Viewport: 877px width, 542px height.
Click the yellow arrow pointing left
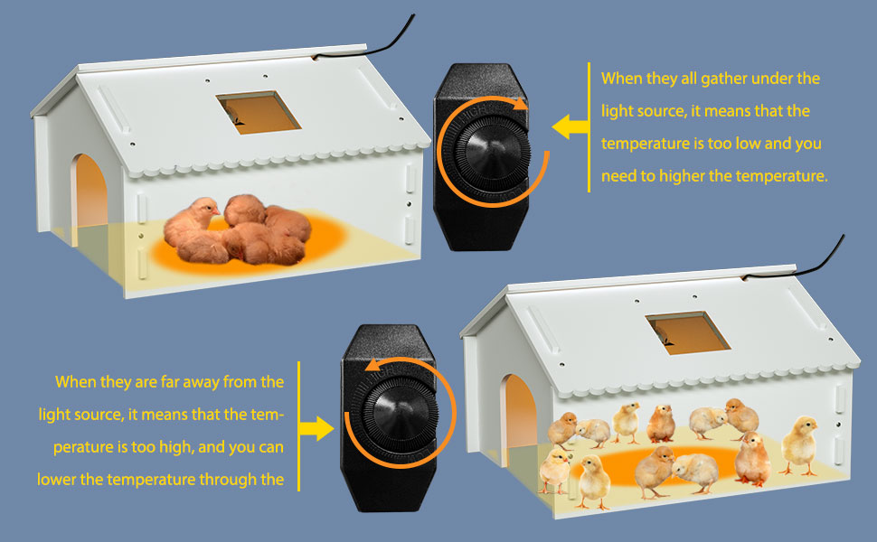(x=569, y=126)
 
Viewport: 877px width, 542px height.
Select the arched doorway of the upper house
(x=90, y=194)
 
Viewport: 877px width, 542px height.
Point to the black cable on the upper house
(x=380, y=36)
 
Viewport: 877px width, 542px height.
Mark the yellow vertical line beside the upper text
(x=589, y=126)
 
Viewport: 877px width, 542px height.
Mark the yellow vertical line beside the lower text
(x=299, y=426)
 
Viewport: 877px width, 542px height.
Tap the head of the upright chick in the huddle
(x=204, y=213)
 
